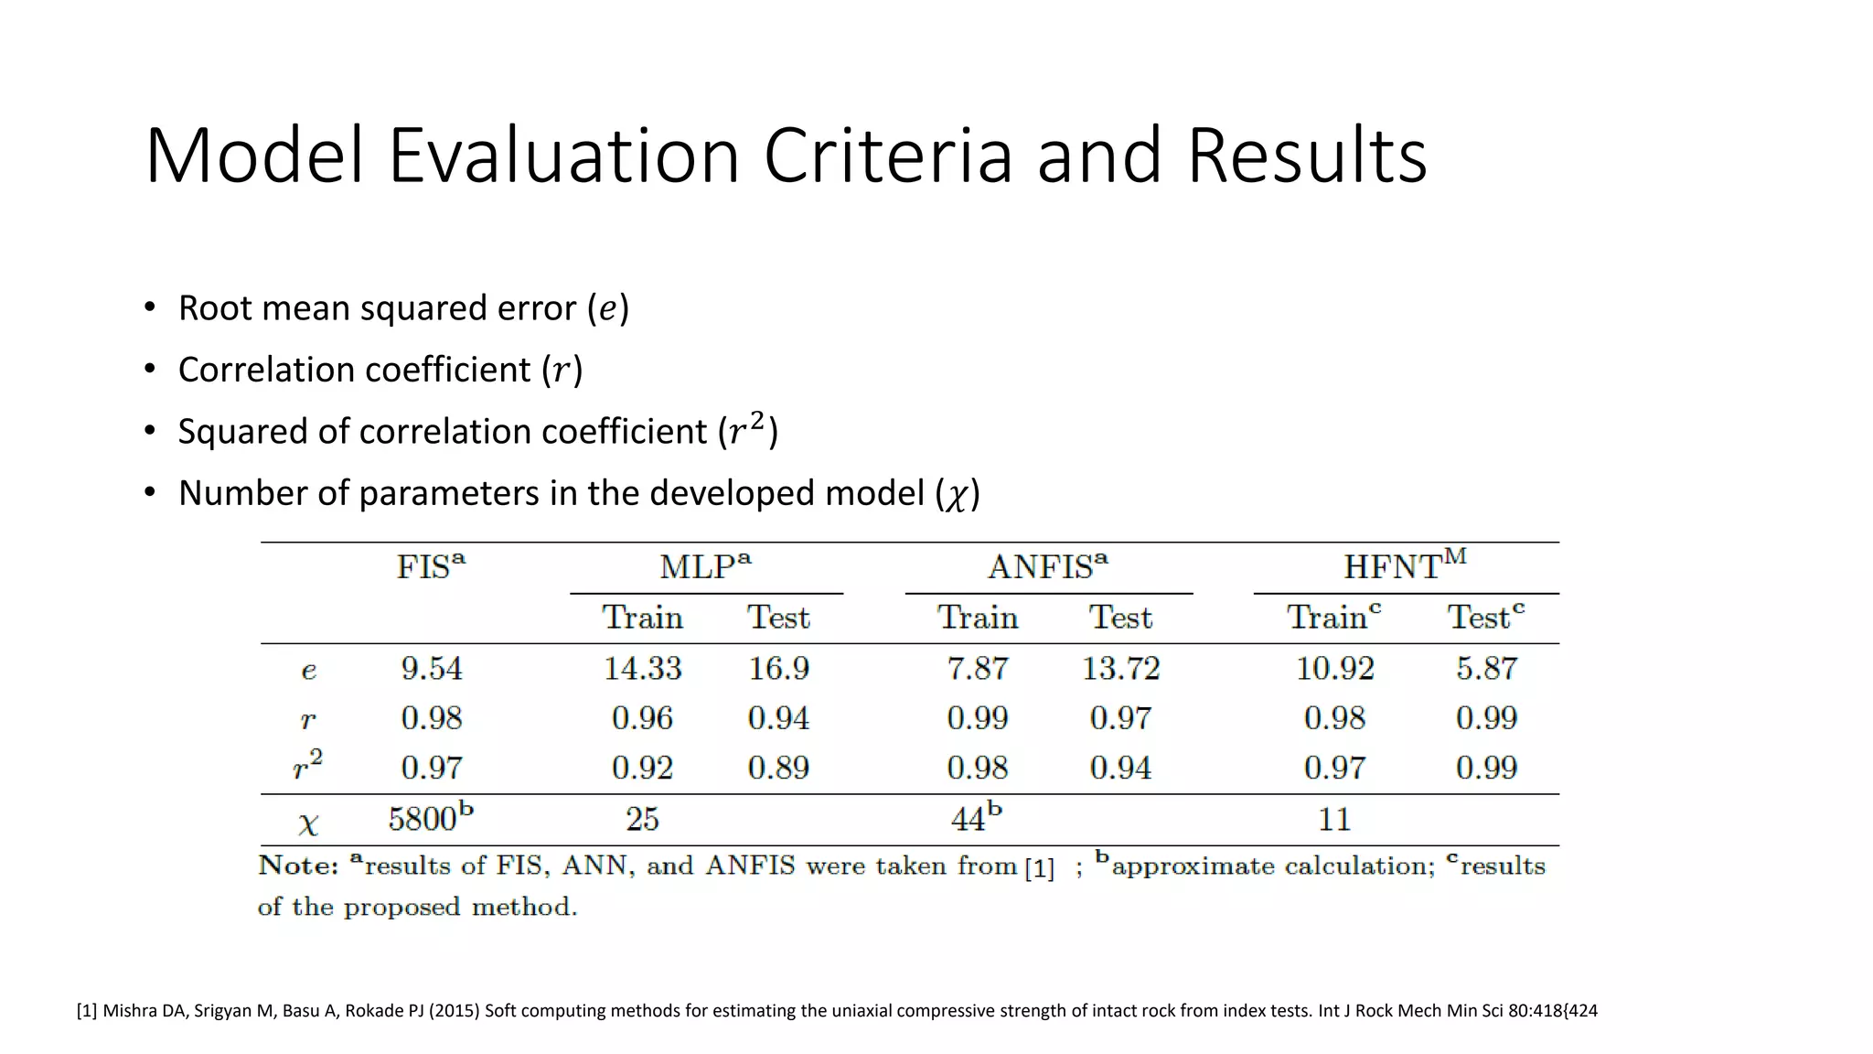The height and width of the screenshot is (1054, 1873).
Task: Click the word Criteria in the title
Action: pos(887,156)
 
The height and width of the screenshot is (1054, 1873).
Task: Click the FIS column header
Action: pos(430,567)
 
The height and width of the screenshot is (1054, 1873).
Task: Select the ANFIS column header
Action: pos(1047,567)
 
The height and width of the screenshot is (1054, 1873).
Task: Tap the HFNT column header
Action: pos(1404,567)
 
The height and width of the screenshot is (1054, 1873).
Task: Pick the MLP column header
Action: pos(705,567)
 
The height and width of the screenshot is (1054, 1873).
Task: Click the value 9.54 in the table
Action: pos(432,669)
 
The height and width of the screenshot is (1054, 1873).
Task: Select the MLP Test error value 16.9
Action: pos(778,669)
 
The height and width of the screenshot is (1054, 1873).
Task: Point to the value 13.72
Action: pos(1120,669)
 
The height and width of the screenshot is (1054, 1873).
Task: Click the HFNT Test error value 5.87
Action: pos(1486,669)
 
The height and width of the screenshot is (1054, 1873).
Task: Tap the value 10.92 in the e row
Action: pos(1334,669)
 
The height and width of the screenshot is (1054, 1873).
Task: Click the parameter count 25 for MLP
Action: pos(642,819)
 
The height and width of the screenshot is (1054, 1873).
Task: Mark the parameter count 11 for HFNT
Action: pos(1334,819)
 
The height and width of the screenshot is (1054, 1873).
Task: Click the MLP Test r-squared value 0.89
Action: pos(778,768)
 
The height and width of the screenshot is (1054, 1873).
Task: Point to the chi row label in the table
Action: pos(308,823)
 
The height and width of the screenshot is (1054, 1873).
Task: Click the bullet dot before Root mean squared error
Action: pos(150,307)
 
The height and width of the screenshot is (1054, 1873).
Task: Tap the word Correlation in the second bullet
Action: pos(262,370)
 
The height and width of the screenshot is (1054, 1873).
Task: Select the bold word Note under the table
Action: pos(298,866)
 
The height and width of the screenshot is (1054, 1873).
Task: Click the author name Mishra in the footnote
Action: pos(129,1011)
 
